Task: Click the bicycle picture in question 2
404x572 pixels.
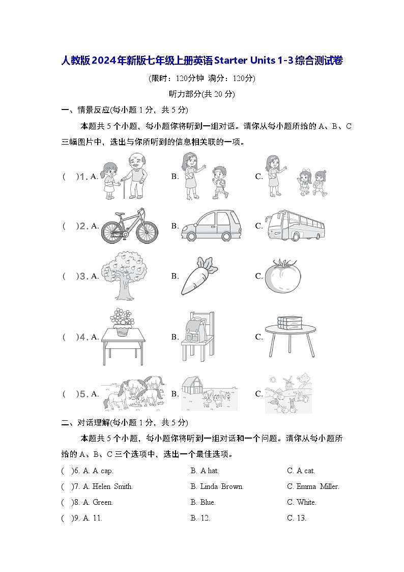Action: click(x=129, y=226)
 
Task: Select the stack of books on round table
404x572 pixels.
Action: click(x=290, y=322)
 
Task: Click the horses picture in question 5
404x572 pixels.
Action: click(x=134, y=393)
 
